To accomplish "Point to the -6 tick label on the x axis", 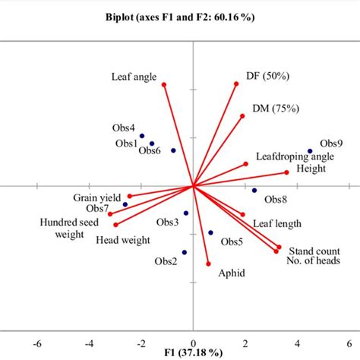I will pos(38,343).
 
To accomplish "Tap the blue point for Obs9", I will pos(310,151).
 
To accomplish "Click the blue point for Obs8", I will pos(254,191).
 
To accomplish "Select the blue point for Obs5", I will pos(210,233).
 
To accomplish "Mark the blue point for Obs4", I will pos(142,136).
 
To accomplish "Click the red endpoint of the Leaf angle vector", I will pos(163,85).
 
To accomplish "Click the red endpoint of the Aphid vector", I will pos(208,264).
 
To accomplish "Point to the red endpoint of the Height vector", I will pos(287,173).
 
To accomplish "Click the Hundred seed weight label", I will pos(68,228).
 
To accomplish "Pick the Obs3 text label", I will pos(167,222).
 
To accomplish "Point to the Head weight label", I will pos(123,240).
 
